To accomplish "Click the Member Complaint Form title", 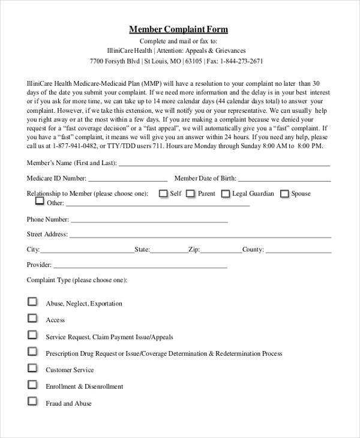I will (179, 29).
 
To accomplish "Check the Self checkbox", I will (163, 193).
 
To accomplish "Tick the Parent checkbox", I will (190, 193).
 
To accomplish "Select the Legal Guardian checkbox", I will (226, 193).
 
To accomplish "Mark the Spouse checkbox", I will (284, 193).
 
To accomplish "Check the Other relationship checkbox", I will (40, 202).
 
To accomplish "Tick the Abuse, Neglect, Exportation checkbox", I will (32, 302).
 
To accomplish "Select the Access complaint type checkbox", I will (32, 319).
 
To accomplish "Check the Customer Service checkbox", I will (32, 368).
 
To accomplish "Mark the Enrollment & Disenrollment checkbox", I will (32, 385).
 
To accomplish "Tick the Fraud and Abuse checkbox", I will (32, 402).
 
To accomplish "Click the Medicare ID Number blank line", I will (128, 180).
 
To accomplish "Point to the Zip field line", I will (221, 251).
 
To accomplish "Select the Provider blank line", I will (140, 266).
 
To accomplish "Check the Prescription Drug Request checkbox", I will (32, 352).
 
